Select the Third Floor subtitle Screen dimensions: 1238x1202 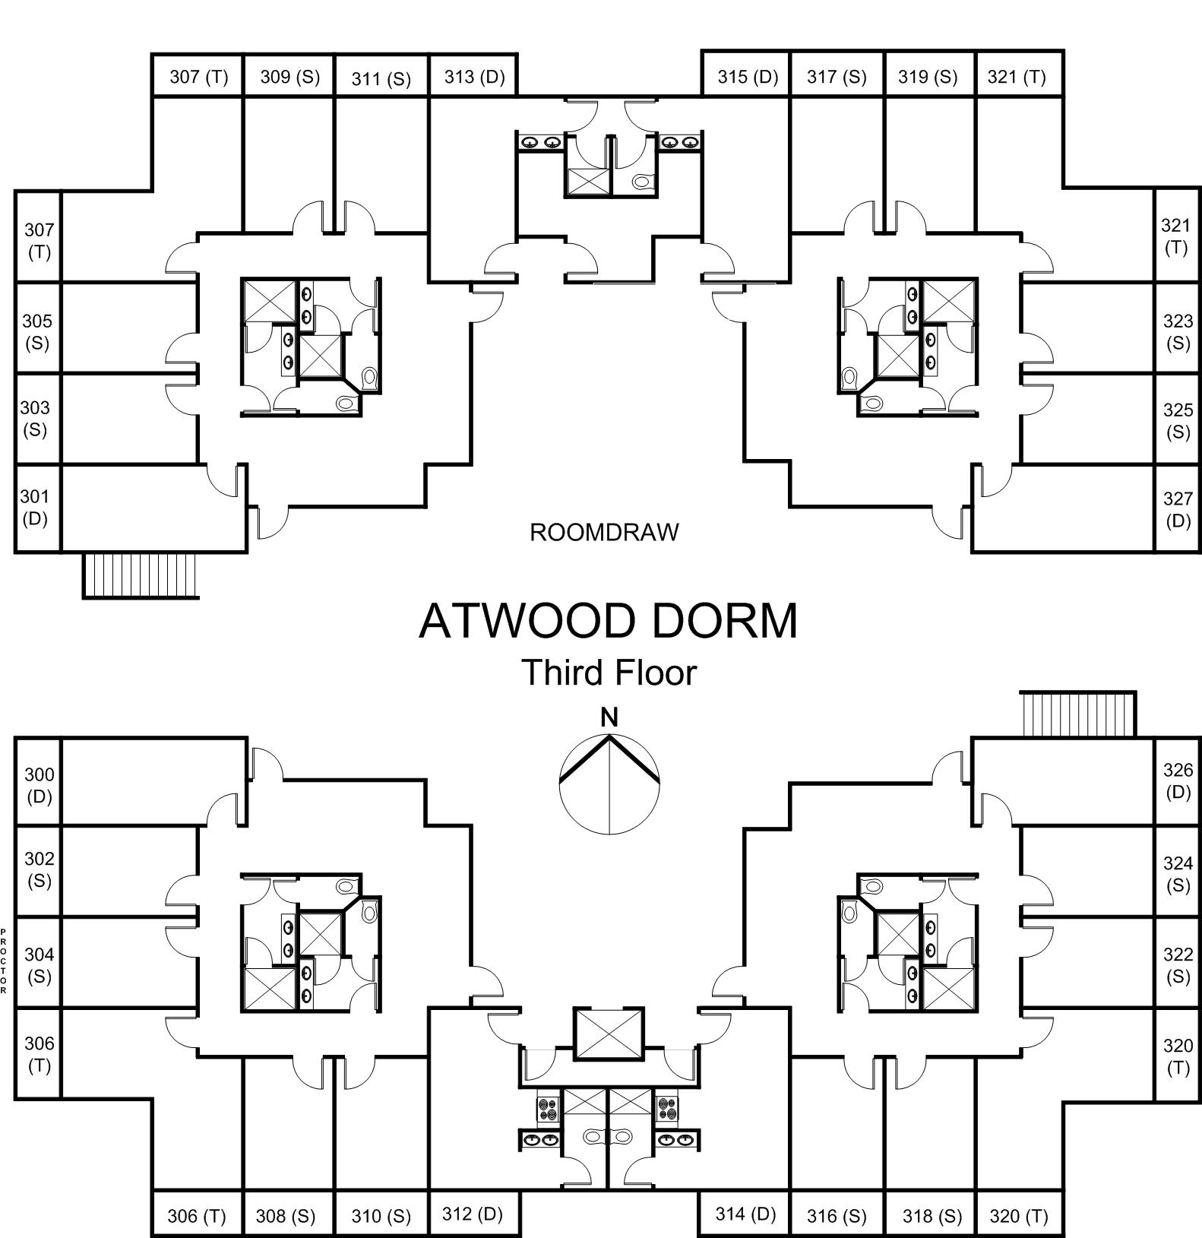[608, 673]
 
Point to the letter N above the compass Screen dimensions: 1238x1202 [609, 717]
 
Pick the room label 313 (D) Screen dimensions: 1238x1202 [474, 77]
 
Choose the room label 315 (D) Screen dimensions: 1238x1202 [748, 77]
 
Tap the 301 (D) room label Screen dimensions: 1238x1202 [35, 507]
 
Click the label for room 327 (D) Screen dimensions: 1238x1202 [1177, 509]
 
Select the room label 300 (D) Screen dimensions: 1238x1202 [39, 785]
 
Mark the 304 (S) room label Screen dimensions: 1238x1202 [39, 964]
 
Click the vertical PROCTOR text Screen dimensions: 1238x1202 [4, 961]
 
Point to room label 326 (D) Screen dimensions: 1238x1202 [1177, 780]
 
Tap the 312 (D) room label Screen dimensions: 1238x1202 [472, 1214]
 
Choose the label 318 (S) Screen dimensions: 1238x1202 [932, 1216]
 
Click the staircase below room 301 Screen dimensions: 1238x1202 [140, 575]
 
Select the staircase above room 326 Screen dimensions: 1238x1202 [1077, 714]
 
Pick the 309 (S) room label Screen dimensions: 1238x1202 [289, 77]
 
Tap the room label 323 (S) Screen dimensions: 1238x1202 [1177, 332]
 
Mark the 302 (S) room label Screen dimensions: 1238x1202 [39, 869]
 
